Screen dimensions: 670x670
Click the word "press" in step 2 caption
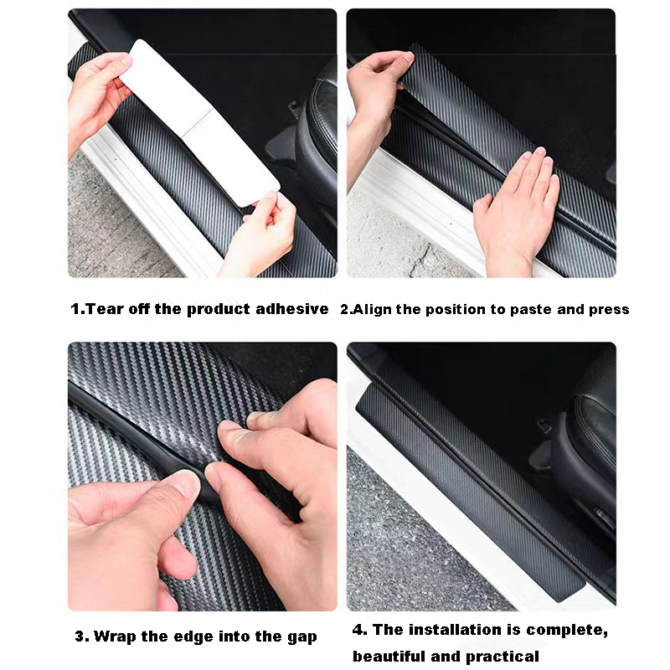608,310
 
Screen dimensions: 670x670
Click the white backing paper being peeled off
201,117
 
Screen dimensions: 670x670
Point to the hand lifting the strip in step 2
377,84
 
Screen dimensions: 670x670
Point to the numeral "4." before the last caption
359,630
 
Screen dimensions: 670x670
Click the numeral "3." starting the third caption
81,636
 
